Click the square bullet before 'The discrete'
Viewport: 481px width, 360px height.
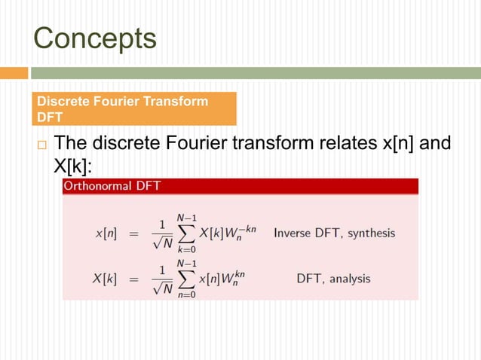(x=42, y=145)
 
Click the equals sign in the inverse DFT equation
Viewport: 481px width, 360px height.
(x=134, y=233)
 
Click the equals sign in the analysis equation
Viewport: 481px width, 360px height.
(x=134, y=279)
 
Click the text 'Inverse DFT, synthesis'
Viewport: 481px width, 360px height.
(x=334, y=233)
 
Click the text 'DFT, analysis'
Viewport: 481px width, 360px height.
(x=333, y=279)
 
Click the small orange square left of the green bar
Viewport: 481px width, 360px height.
(x=14, y=73)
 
